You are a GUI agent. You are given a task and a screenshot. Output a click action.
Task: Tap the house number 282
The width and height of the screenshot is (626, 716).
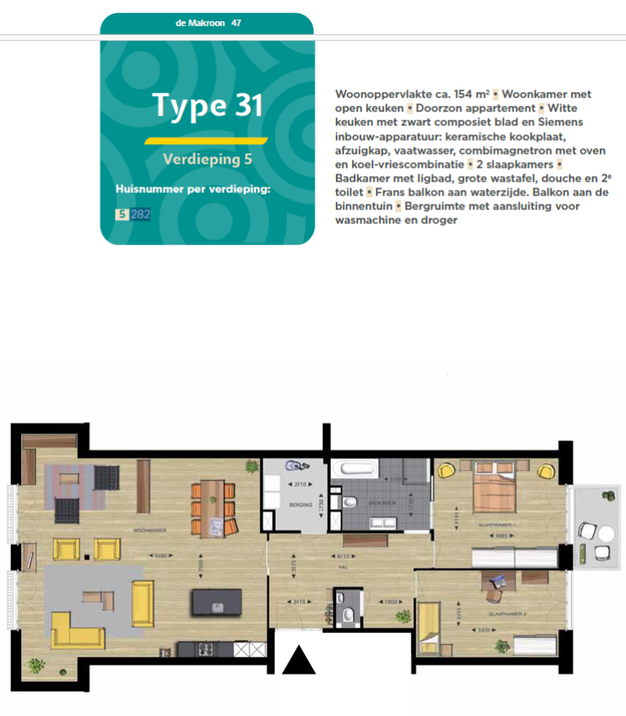click(140, 214)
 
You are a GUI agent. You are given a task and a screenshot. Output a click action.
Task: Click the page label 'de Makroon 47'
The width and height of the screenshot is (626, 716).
click(207, 23)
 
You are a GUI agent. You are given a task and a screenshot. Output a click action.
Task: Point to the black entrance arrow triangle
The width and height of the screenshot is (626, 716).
click(298, 660)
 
